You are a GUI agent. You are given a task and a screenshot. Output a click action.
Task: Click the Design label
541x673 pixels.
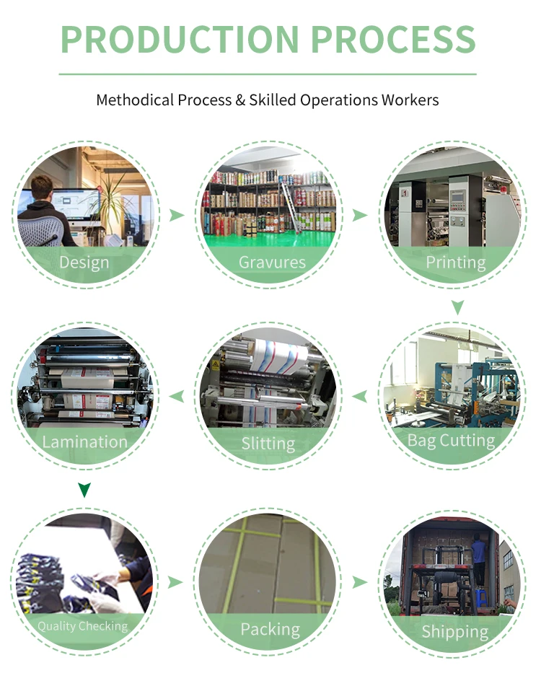point(84,262)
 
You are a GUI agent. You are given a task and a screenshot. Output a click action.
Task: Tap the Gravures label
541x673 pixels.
point(272,262)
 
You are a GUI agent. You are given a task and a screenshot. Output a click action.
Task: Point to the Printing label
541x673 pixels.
point(455,262)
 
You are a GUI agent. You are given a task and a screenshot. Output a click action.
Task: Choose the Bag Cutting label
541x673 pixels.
point(452,440)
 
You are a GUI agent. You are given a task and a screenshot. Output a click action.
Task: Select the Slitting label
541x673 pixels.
point(268,444)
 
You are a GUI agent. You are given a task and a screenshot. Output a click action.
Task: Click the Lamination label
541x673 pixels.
point(85,441)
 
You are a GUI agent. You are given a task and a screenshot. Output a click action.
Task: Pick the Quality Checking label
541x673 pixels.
point(82,626)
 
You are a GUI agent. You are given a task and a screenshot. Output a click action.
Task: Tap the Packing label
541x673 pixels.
point(270,629)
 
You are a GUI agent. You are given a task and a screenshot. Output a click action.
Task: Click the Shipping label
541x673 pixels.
point(454,632)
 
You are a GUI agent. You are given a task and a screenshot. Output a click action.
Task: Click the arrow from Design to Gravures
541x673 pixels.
point(176,215)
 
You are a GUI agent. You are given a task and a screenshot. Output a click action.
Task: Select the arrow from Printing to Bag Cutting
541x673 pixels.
point(457,308)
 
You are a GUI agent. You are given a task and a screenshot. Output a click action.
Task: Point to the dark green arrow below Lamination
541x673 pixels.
point(84,491)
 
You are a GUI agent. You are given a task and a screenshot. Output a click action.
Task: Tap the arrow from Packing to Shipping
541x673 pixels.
point(359,582)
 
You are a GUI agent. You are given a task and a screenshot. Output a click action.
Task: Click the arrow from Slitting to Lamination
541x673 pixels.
point(176,396)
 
